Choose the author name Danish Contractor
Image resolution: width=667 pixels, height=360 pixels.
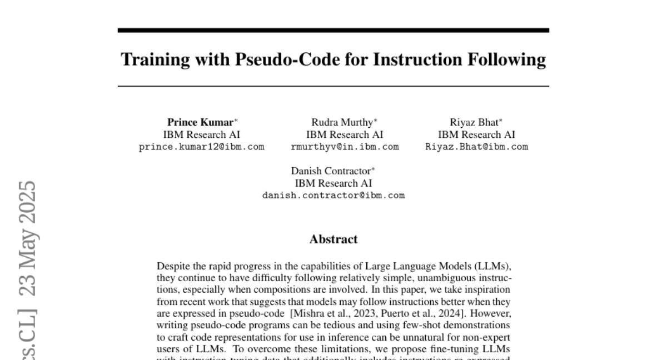pos(331,171)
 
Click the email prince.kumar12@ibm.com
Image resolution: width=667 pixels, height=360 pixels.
pos(201,147)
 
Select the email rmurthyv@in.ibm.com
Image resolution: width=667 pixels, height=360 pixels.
pos(345,147)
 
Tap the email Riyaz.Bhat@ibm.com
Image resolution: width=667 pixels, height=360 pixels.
pos(476,147)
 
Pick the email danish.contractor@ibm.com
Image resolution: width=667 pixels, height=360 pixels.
pos(333,196)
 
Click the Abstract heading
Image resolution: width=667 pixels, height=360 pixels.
pos(333,239)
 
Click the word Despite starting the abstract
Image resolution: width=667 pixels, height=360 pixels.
pos(172,267)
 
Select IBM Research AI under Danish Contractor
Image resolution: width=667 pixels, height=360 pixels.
pos(333,183)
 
